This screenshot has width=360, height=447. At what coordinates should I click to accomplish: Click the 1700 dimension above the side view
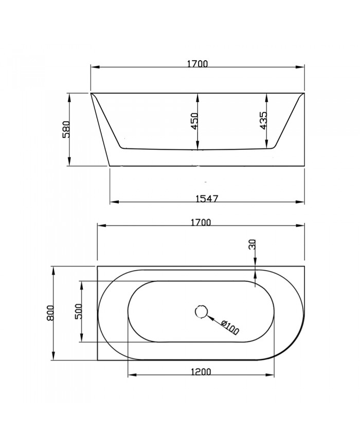[197, 64]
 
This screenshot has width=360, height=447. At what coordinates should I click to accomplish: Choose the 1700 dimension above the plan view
[200, 222]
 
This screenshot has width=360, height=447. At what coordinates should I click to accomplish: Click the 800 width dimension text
[50, 313]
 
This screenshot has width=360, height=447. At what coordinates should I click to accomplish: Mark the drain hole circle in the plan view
[201, 311]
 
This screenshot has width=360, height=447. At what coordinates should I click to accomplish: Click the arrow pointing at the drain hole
[211, 318]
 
